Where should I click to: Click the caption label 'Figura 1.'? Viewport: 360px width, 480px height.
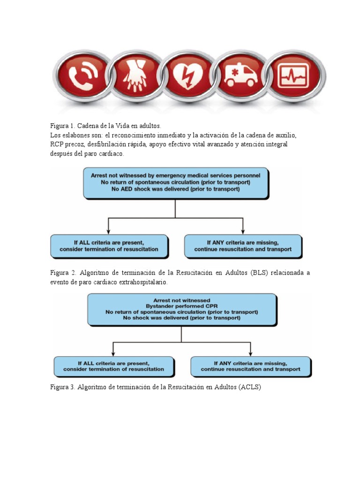[x=63, y=126]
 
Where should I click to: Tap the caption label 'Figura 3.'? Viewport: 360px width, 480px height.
[x=63, y=387]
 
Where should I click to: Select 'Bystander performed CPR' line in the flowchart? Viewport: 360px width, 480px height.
[x=181, y=306]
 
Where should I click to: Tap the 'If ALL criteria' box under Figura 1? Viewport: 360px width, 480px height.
[x=109, y=246]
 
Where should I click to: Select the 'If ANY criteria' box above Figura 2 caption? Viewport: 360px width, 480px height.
[x=243, y=246]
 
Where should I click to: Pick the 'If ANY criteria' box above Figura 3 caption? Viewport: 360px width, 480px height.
[x=250, y=366]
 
